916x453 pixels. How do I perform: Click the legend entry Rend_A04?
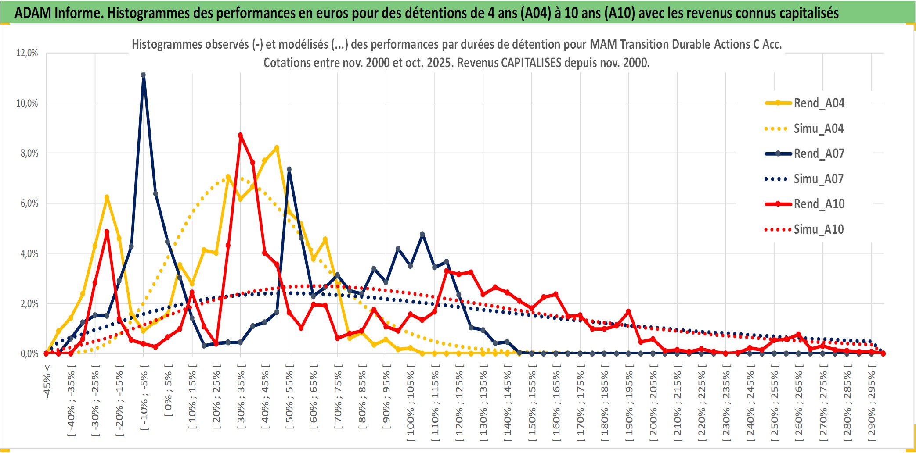pos(819,103)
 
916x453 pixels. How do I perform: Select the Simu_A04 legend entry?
pos(819,128)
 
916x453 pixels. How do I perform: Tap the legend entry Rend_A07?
pos(819,153)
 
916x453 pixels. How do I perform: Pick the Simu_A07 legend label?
pos(819,179)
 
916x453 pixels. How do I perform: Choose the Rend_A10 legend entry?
pos(819,204)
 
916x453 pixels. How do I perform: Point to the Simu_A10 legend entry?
pos(819,229)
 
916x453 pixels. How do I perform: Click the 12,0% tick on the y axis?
pos(27,53)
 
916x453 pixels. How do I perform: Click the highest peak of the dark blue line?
pos(143,75)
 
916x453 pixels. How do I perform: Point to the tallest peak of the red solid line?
pos(240,136)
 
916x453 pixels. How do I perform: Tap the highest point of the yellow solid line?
pos(277,148)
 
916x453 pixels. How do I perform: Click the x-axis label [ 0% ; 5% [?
pos(168,390)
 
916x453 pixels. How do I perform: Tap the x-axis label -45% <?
pos(47,382)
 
